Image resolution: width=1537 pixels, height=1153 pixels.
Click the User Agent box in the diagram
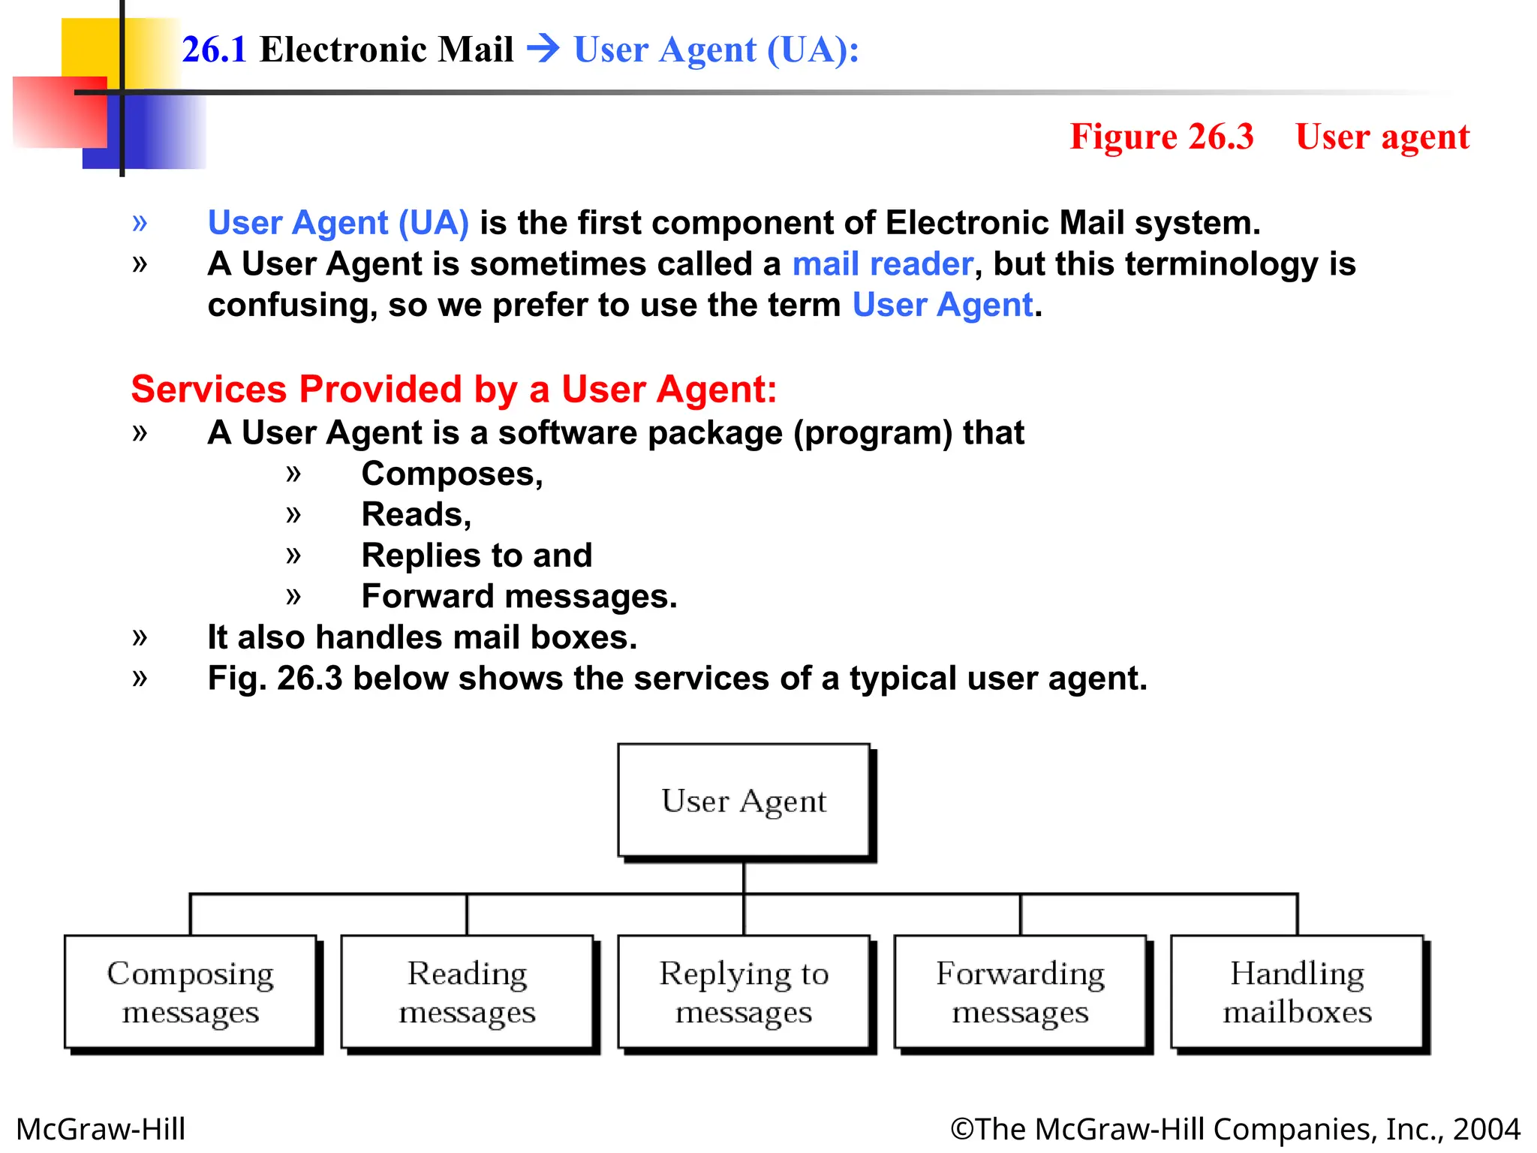[x=744, y=800]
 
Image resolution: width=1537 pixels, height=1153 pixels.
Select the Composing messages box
[x=191, y=992]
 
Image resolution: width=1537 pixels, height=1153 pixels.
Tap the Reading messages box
[x=467, y=992]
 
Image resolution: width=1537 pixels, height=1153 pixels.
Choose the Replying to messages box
[x=744, y=992]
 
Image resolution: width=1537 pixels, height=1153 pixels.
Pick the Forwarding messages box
[x=1020, y=992]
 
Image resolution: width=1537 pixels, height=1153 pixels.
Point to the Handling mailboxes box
[x=1297, y=992]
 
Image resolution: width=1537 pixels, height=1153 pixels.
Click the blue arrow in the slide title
[x=543, y=50]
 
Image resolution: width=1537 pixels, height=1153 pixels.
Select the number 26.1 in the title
[x=214, y=50]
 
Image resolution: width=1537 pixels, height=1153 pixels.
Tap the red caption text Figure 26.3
[x=1161, y=137]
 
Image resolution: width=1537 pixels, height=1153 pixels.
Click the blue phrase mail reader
[x=883, y=264]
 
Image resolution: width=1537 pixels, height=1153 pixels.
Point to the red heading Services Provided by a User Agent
[x=454, y=390]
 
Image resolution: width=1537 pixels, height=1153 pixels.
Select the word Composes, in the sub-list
[x=452, y=474]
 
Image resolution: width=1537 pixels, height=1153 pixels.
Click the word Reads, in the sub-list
[x=417, y=515]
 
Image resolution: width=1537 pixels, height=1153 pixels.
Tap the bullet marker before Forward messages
[x=293, y=596]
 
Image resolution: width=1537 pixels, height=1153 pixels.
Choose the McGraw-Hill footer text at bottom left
[x=101, y=1129]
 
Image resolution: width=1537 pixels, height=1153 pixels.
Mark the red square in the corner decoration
[x=60, y=113]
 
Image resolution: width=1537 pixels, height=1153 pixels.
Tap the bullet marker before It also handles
[x=140, y=637]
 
